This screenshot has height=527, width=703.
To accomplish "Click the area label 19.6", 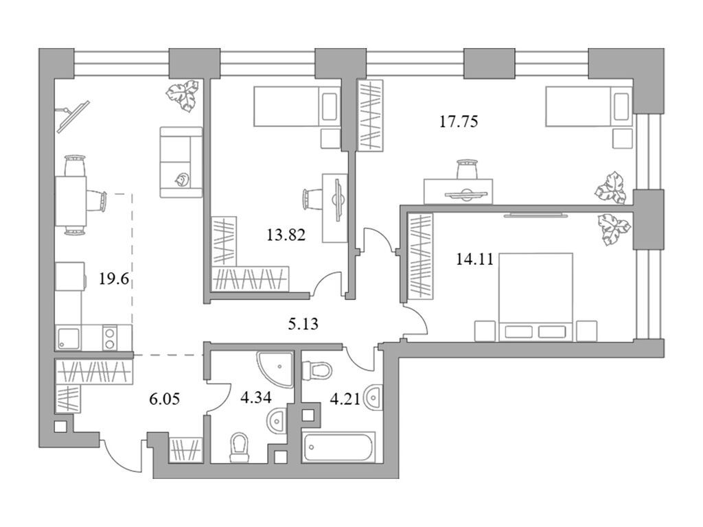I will click(115, 279).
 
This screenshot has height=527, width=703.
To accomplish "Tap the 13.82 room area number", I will click(286, 235).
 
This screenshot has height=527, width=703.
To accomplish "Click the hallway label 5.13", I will click(302, 323).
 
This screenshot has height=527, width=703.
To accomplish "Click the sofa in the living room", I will click(181, 162).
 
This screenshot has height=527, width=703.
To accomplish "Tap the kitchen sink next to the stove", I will click(69, 337).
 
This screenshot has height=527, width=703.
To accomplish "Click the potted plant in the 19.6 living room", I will click(183, 95).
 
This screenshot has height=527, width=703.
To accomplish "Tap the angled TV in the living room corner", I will click(73, 115).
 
